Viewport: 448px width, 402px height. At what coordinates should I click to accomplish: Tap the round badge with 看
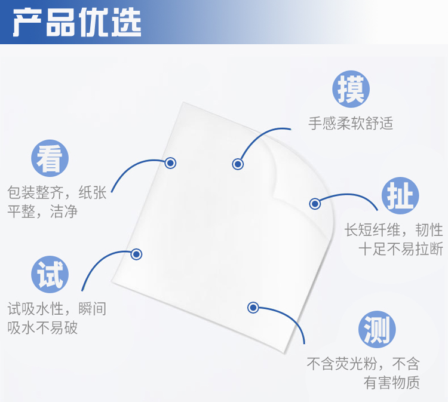pos(50,158)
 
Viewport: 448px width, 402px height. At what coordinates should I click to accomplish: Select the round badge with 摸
pos(351,89)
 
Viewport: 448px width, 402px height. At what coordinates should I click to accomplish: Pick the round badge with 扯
pos(400,195)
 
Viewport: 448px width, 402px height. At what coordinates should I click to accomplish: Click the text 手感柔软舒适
pos(351,124)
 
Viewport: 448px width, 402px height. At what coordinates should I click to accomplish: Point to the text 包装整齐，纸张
pos(57,193)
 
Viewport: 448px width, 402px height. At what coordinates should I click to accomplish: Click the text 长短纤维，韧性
pos(394,230)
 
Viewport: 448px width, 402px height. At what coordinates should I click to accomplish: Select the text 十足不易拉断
pos(401,248)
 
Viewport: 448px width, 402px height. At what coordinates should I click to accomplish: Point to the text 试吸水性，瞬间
pos(57,309)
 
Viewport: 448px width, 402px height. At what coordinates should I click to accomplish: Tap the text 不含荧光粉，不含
pos(363,363)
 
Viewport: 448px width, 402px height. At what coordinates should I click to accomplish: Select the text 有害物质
pos(392,382)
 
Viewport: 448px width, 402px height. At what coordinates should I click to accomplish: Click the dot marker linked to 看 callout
pos(170,162)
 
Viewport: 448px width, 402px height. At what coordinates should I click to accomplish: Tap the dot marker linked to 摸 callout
pos(238,164)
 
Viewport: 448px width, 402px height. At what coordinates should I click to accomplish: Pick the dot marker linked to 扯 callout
pos(315,204)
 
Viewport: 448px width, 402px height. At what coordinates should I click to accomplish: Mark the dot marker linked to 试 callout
pos(136,254)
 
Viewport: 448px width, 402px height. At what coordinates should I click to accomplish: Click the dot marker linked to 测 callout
pos(253,308)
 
